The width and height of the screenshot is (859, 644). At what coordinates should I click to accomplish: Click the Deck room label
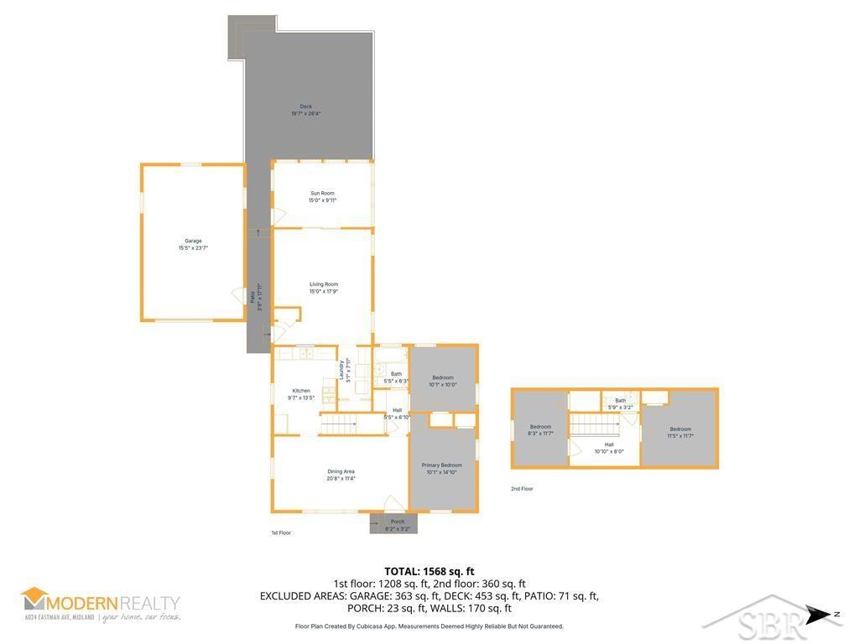pos(306,110)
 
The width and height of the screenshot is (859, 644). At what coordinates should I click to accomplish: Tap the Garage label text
pos(193,244)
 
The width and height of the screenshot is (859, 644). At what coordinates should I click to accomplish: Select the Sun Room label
pos(322,197)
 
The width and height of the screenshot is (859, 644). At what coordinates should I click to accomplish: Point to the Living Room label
pos(323,288)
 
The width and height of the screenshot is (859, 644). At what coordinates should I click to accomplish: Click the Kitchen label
pos(300,394)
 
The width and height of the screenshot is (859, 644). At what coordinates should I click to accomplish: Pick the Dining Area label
pos(341,475)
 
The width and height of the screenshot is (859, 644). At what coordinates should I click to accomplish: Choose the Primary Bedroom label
pos(444,469)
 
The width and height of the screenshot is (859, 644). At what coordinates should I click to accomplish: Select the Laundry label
pos(343,370)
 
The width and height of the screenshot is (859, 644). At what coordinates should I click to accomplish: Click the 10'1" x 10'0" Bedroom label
pos(443,381)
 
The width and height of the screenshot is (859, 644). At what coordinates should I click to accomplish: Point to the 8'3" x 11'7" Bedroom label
pos(540,430)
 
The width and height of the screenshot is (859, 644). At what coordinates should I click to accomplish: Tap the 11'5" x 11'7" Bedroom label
pos(680,433)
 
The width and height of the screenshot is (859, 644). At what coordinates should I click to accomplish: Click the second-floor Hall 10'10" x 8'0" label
pos(609,448)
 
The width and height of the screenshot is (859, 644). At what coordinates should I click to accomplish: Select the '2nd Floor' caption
pos(522,489)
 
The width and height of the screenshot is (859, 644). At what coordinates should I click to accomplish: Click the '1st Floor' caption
pos(281,532)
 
